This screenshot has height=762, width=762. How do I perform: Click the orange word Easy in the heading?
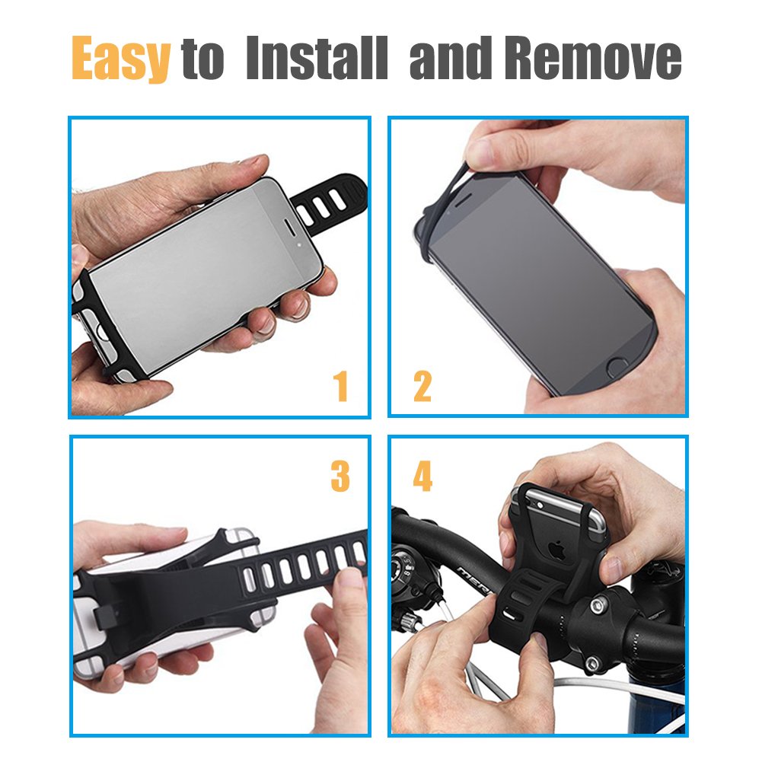[x=121, y=58]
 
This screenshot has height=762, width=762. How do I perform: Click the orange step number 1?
[x=341, y=386]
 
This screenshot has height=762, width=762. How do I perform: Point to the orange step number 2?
[x=422, y=386]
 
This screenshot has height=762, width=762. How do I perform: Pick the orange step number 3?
[x=340, y=477]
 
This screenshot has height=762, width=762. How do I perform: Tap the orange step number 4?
[x=422, y=477]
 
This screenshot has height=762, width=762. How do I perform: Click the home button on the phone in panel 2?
[x=617, y=368]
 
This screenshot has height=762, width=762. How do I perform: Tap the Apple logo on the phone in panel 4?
[x=557, y=550]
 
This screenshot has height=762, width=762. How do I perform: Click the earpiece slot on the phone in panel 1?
[x=289, y=227]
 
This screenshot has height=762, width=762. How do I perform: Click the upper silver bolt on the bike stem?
[x=598, y=605]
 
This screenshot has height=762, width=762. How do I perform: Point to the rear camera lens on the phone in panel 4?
[x=538, y=505]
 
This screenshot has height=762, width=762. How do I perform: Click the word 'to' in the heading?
[x=202, y=59]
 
